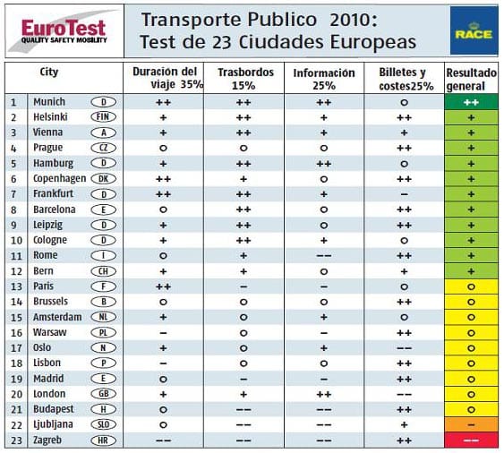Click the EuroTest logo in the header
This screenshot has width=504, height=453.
point(58,30)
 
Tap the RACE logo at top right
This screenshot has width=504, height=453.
point(469,30)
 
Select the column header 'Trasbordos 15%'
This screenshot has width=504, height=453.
point(242,78)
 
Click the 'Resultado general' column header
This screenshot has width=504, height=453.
point(471,78)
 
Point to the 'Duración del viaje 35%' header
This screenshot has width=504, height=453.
point(164,78)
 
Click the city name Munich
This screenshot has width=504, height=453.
point(48,103)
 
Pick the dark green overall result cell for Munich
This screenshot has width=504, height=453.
point(471,103)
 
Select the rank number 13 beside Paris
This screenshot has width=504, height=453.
point(13,287)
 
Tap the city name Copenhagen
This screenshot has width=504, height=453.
point(58,179)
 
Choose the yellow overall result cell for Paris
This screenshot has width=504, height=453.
point(471,287)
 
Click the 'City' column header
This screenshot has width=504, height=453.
point(49,72)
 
